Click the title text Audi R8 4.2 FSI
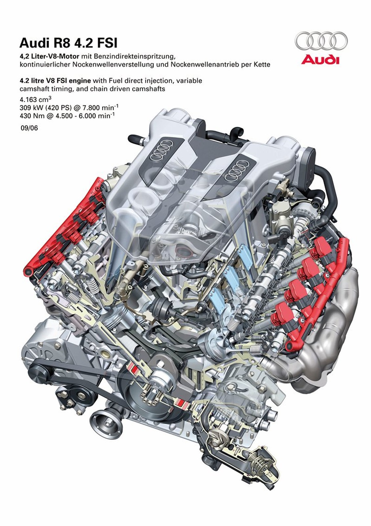[x=68, y=43]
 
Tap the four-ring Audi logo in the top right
[x=321, y=41]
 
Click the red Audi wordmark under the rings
[x=320, y=60]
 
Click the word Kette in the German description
[x=262, y=64]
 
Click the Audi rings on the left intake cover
[x=163, y=149]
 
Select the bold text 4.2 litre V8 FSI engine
[x=55, y=81]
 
